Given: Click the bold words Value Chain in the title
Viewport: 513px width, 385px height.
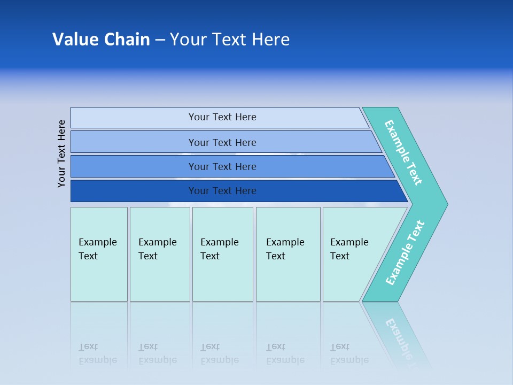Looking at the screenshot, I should click(101, 40).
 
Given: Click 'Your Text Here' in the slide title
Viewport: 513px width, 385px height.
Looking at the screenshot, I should click(230, 40).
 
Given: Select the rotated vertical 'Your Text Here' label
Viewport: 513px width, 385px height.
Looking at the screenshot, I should click(61, 153).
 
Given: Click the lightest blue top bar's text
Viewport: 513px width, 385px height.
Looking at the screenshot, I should click(222, 117).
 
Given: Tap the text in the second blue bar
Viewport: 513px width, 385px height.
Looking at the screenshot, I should click(222, 142).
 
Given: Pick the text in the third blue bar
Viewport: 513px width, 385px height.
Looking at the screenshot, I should click(222, 166).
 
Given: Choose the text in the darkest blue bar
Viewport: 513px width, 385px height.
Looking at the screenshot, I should click(222, 191).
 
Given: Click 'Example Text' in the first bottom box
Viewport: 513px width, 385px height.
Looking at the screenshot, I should click(97, 249).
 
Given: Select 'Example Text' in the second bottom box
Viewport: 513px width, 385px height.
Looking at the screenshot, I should click(157, 249).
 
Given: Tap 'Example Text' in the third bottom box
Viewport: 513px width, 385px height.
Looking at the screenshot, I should click(219, 249).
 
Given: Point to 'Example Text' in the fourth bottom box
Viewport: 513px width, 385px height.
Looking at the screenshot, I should click(285, 249).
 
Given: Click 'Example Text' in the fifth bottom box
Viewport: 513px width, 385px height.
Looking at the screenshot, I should click(349, 249).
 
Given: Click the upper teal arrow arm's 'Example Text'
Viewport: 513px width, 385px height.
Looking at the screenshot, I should click(403, 152).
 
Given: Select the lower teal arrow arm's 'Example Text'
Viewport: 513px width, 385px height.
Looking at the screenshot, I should click(405, 253).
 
